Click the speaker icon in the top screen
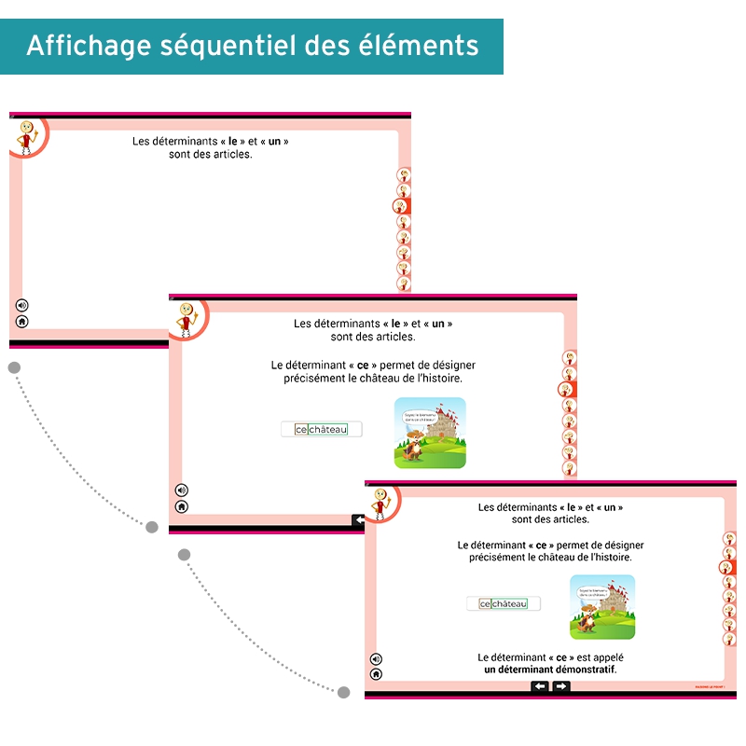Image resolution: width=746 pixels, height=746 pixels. tap(22, 305)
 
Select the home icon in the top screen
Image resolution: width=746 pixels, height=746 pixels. tap(22, 322)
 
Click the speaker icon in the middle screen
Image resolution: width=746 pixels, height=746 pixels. tap(182, 490)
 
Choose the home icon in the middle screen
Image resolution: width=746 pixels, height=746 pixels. tap(182, 506)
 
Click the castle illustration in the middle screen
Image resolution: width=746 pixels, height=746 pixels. tap(430, 433)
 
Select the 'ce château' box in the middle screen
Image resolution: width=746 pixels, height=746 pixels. tap(322, 429)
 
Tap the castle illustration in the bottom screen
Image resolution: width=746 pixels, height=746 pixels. tap(602, 607)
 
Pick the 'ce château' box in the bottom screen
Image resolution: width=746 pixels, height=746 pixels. tap(504, 603)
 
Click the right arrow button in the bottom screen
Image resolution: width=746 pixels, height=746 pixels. tap(561, 686)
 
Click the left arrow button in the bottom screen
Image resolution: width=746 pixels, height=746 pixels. tap(540, 686)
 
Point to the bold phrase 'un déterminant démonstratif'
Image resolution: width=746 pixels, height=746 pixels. tap(550, 670)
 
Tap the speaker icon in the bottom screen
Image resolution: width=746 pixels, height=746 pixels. tap(376, 658)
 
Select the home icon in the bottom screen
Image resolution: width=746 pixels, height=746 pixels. tap(376, 673)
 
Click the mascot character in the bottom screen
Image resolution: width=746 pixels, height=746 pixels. tap(380, 503)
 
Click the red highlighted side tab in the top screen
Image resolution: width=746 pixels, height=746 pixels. tap(403, 206)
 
